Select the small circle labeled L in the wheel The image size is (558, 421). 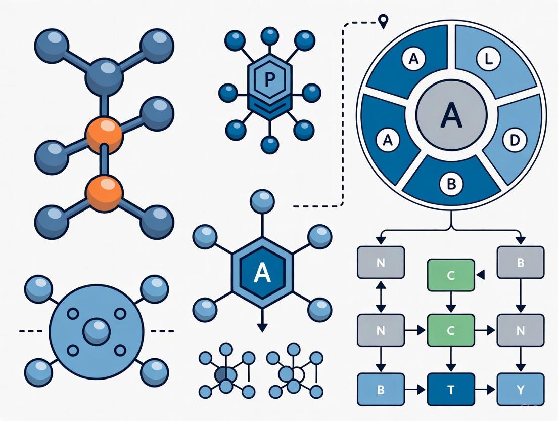(487, 59)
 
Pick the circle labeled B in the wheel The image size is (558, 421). (449, 184)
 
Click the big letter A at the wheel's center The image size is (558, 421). (451, 115)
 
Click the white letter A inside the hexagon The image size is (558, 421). (261, 273)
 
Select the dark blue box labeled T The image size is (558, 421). (451, 390)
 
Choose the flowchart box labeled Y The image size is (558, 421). (521, 390)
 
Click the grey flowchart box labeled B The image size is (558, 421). (521, 262)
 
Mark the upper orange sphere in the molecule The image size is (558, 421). (105, 135)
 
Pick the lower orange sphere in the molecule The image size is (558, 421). (105, 192)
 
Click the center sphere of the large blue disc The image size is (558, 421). (97, 332)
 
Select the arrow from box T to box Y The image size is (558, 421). (486, 390)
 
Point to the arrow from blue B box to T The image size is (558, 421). (415, 390)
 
